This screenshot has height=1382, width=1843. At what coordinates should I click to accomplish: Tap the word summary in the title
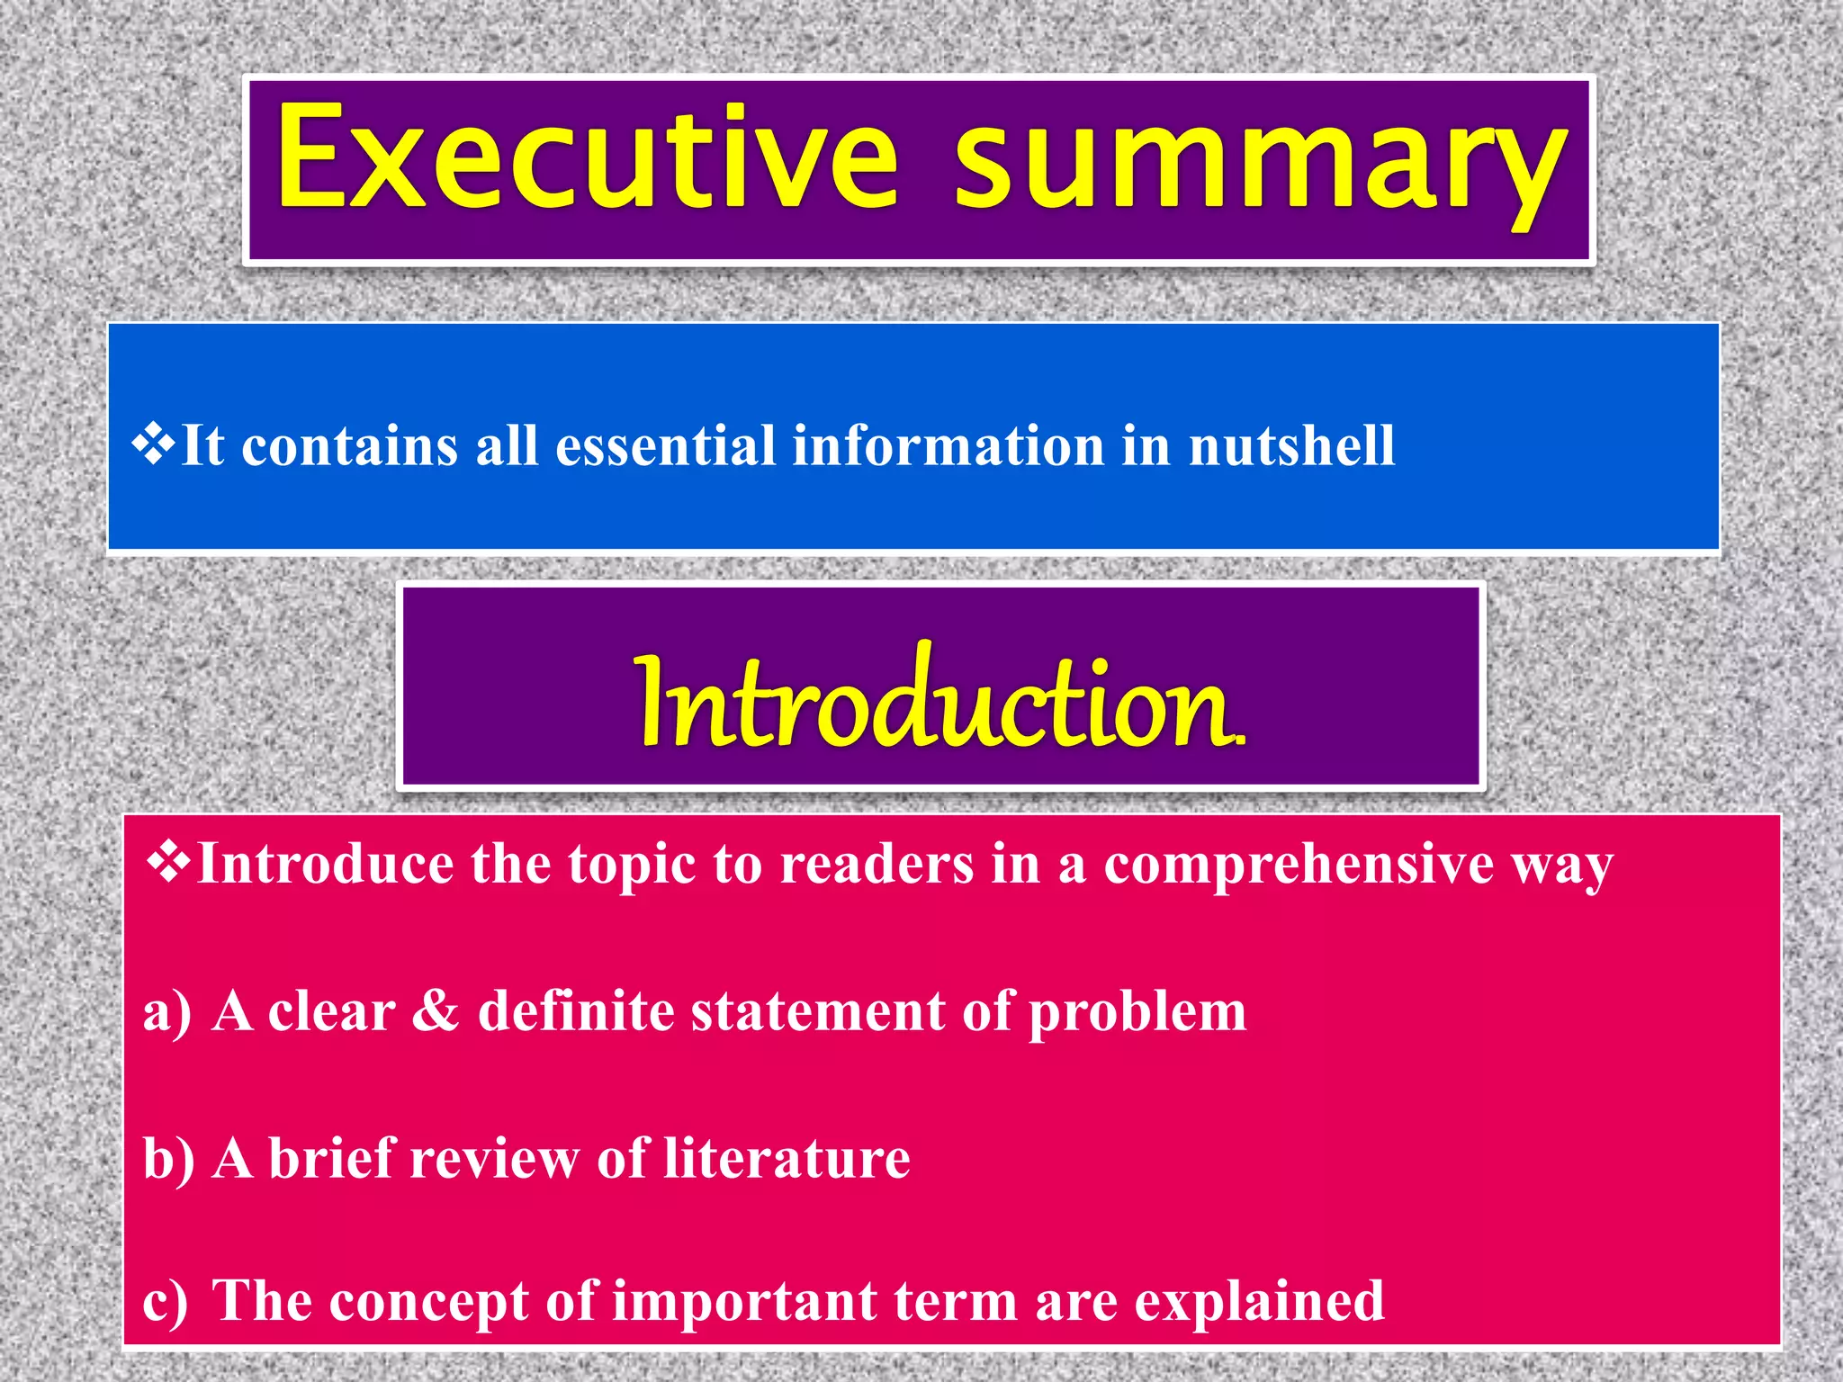pos(1260,162)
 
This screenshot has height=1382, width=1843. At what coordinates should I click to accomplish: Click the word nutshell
pos(1291,445)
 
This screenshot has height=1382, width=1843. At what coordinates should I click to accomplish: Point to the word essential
pos(665,445)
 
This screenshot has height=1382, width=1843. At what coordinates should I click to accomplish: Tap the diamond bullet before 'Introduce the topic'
pos(168,861)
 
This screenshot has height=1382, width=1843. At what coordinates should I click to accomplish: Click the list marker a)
pos(167,1012)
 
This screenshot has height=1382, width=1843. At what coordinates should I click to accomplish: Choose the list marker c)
pos(166,1302)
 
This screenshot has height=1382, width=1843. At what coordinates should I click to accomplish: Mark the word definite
pos(576,1011)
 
